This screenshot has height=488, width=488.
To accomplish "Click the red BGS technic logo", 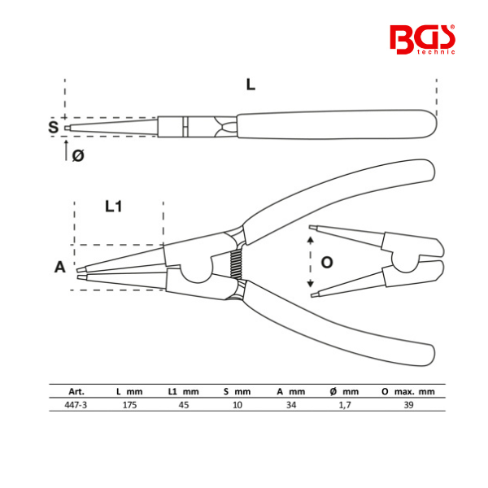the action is click(422, 40).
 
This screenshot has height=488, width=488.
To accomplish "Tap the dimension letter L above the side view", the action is click(251, 85).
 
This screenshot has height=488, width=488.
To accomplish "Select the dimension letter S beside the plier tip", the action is click(53, 127).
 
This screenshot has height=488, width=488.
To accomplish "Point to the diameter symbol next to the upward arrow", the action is click(78, 155).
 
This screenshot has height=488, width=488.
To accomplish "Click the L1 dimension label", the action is click(113, 207).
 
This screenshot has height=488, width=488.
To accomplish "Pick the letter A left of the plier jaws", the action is click(60, 267).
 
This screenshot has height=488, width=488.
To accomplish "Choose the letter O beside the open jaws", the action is click(327, 263).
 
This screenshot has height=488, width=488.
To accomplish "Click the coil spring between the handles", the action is click(236, 264).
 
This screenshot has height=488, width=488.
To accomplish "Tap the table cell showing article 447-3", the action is click(76, 405).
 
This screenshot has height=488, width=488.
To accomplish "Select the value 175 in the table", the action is click(129, 405).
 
